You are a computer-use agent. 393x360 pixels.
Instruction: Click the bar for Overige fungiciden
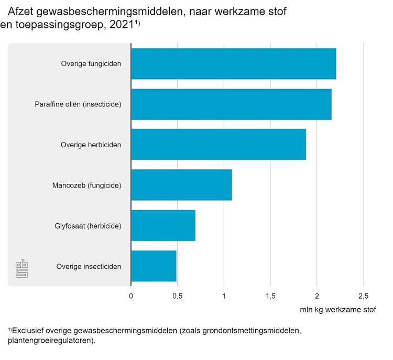[233, 64]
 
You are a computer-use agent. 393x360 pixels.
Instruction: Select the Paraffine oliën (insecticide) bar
[231, 104]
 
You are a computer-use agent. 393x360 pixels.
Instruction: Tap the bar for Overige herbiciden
[218, 145]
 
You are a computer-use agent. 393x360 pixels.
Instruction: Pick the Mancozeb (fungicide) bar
[181, 185]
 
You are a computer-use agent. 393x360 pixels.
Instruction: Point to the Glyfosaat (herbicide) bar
[163, 226]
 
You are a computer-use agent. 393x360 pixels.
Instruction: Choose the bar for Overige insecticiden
[154, 266]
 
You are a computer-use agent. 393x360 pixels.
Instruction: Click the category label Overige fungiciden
[91, 64]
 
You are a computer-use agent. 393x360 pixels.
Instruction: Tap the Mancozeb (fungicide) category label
[87, 186]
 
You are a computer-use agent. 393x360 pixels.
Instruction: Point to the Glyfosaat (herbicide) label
[88, 226]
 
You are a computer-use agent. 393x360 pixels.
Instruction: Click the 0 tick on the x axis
[131, 296]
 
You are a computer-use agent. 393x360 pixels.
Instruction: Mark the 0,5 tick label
[177, 296]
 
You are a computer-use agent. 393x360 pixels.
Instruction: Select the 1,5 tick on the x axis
[270, 296]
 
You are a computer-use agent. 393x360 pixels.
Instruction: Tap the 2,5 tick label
[363, 296]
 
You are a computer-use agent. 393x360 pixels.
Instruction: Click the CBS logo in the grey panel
[21, 268]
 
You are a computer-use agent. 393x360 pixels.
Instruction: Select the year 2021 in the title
[120, 25]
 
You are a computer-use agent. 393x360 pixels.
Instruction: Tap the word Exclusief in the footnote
[30, 331]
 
